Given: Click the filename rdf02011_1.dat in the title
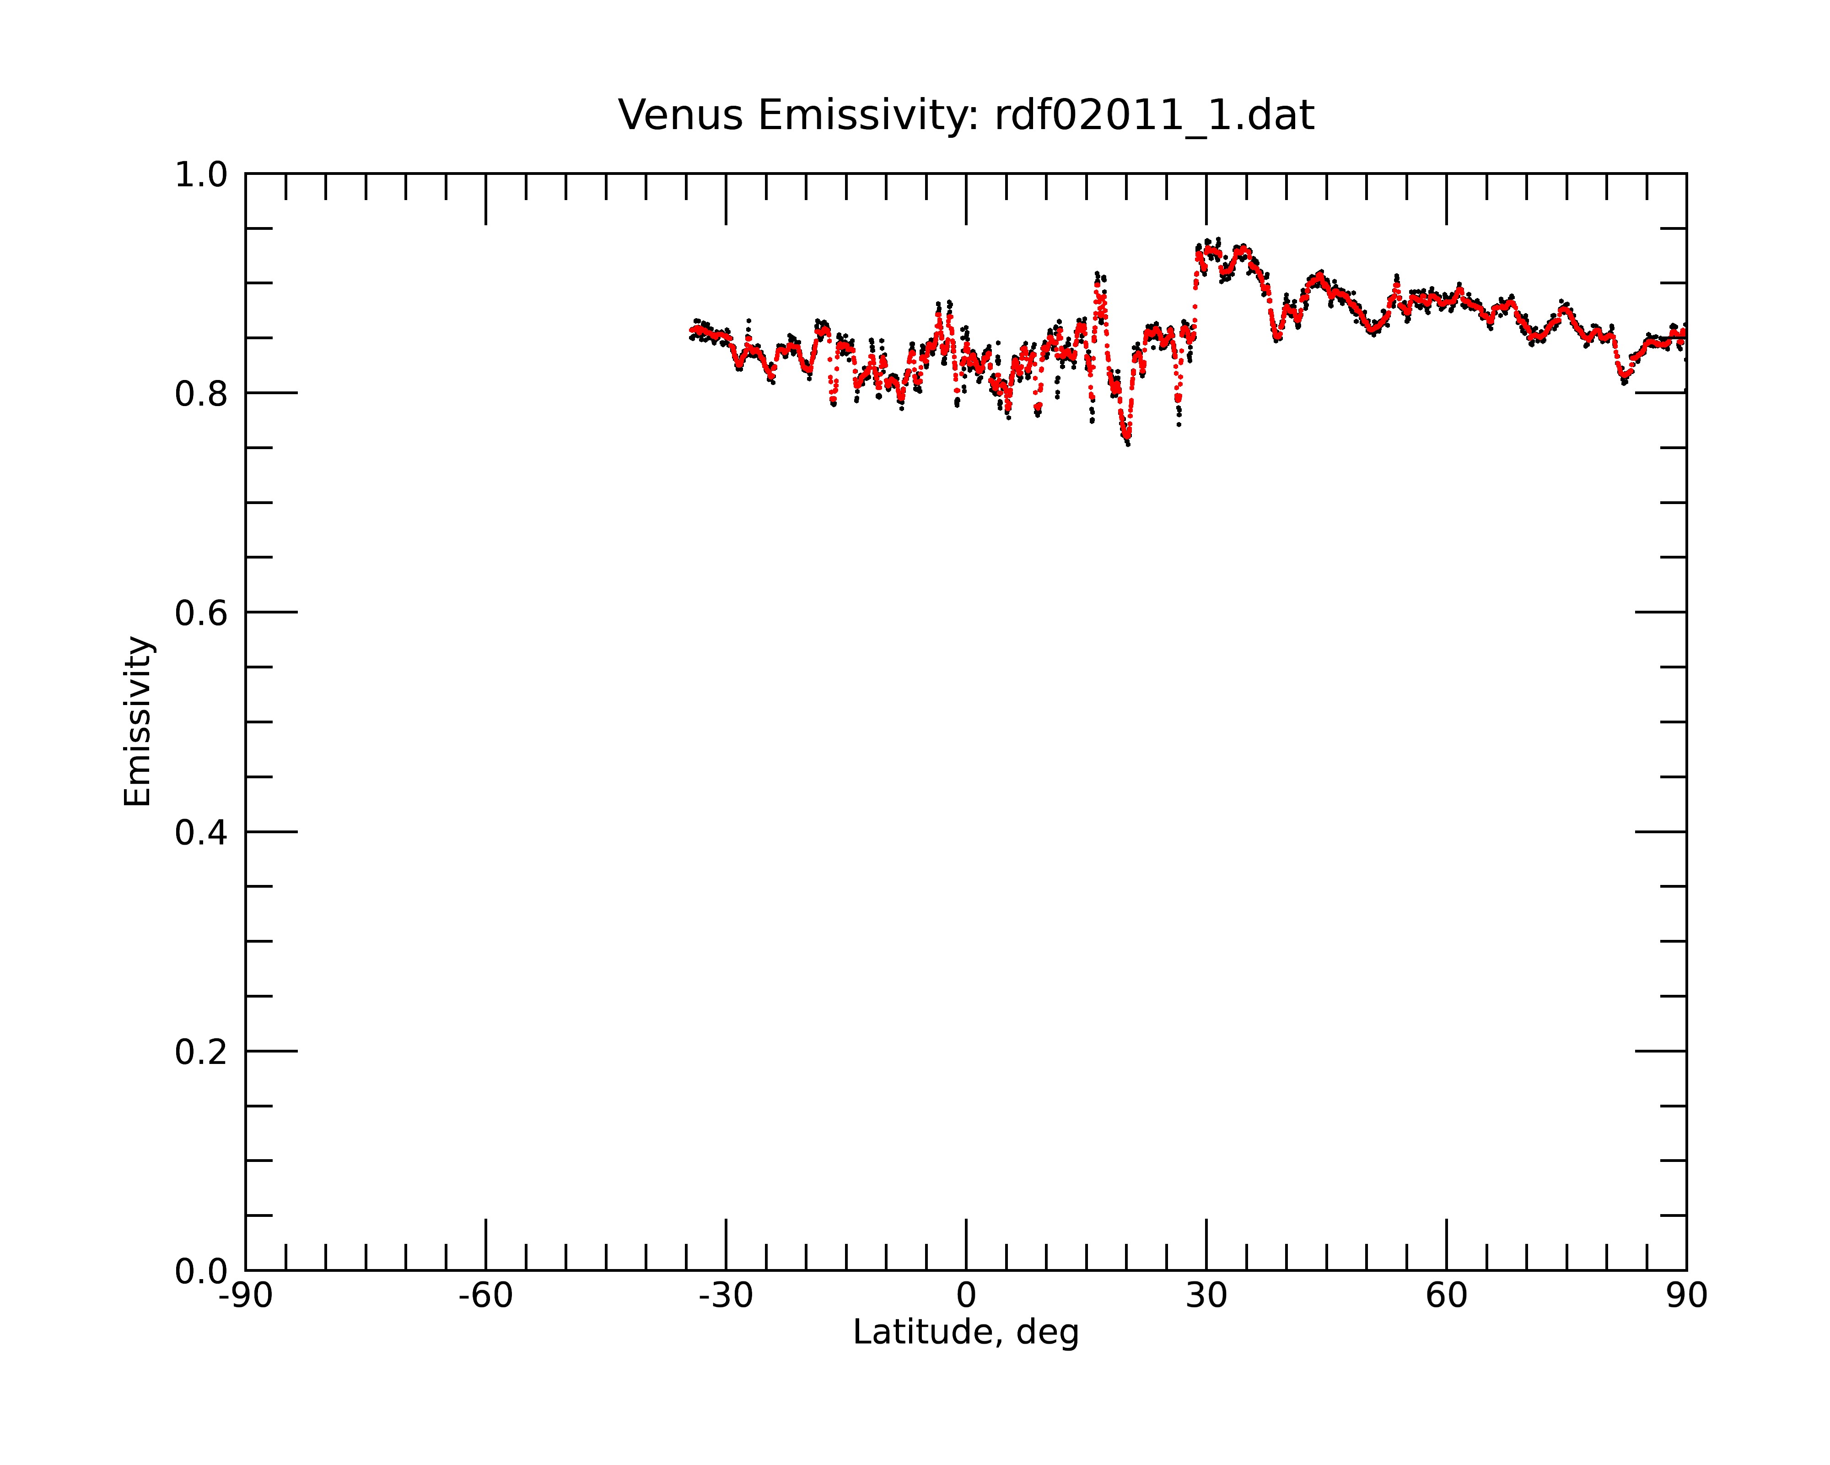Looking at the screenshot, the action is point(1154,115).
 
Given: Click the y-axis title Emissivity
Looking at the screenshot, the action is point(138,721).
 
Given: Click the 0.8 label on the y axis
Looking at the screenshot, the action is point(201,394).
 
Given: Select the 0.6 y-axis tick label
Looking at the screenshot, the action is point(201,613).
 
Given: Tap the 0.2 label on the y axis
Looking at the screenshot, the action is point(201,1052).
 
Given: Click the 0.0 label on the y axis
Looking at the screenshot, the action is point(201,1271).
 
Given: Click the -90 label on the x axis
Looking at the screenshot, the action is point(245,1296).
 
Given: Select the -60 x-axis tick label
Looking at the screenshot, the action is point(485,1296).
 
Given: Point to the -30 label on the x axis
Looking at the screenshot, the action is point(726,1296).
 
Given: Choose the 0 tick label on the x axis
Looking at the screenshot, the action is point(966,1296).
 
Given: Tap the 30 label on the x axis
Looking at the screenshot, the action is point(1206,1296).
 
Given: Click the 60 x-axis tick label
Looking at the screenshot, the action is point(1446,1296).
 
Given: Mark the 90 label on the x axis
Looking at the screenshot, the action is point(1686,1296).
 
